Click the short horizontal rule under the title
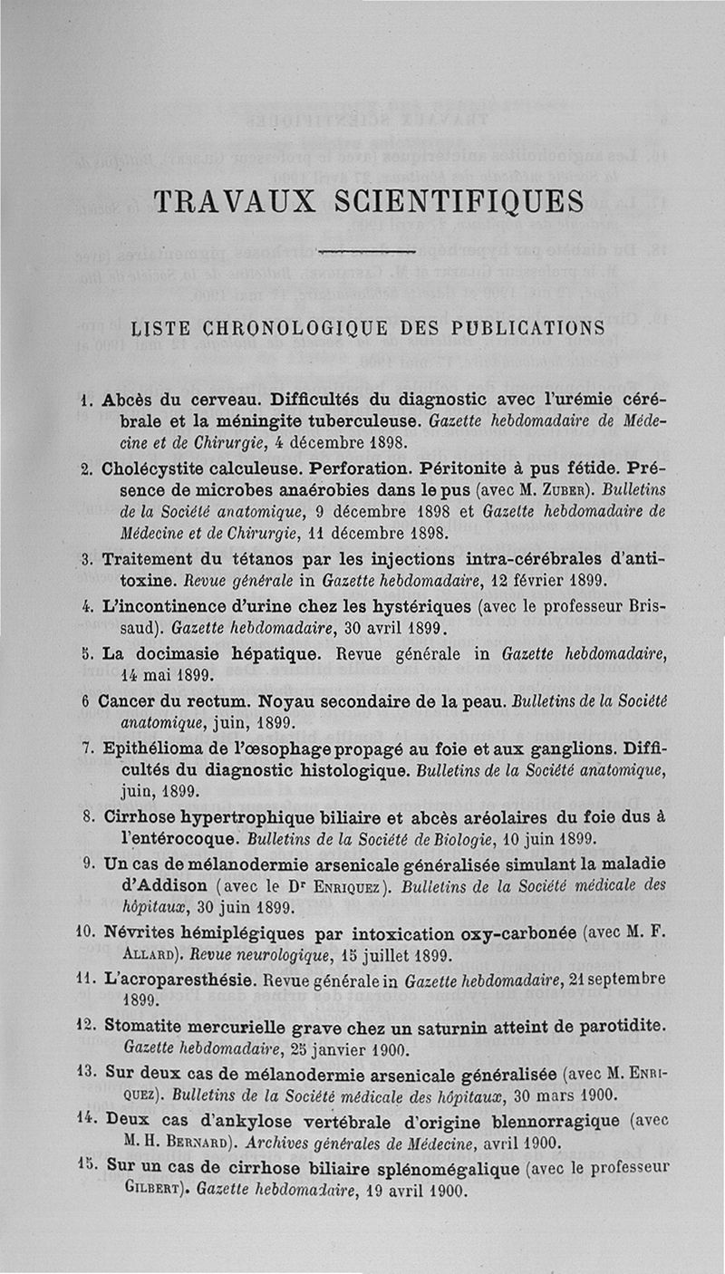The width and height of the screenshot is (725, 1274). (x=366, y=251)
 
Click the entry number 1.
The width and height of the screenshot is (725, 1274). (x=84, y=399)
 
